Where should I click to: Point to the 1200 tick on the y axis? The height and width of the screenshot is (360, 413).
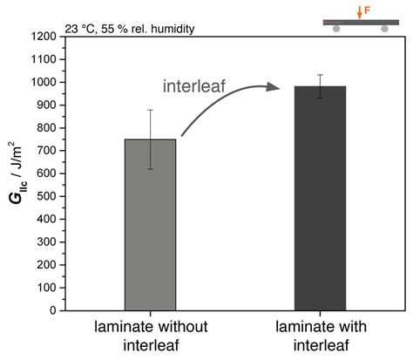pos(50,37)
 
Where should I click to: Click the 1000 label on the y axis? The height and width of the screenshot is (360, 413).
pos(50,82)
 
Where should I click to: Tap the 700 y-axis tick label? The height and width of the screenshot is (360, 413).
pos(52,151)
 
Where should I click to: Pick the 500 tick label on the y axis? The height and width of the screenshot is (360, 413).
pos(52,196)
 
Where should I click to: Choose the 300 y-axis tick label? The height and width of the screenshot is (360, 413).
pos(52,241)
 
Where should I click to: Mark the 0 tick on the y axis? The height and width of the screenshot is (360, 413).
pos(59,310)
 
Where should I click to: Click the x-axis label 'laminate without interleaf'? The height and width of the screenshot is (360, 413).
pos(150,336)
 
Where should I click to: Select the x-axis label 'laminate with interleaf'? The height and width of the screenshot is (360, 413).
pos(320,336)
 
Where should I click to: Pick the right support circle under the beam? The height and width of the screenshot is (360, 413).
pos(384,29)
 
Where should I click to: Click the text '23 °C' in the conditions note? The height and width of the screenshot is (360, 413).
pos(82,28)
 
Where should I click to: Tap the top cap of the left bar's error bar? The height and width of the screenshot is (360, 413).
pos(150,110)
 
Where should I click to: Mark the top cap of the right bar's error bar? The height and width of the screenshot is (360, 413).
pos(320,75)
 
